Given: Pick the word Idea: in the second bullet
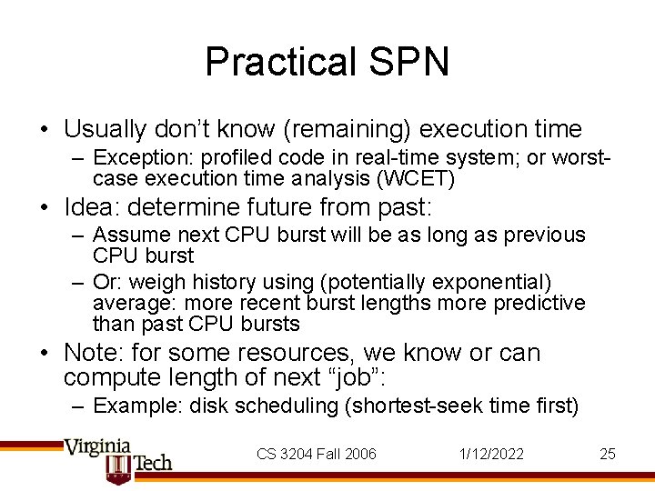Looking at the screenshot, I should [x=95, y=206].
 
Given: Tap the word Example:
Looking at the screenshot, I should [x=137, y=406].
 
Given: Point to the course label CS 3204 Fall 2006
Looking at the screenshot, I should [x=317, y=454].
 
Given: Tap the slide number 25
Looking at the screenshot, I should [x=608, y=454].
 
